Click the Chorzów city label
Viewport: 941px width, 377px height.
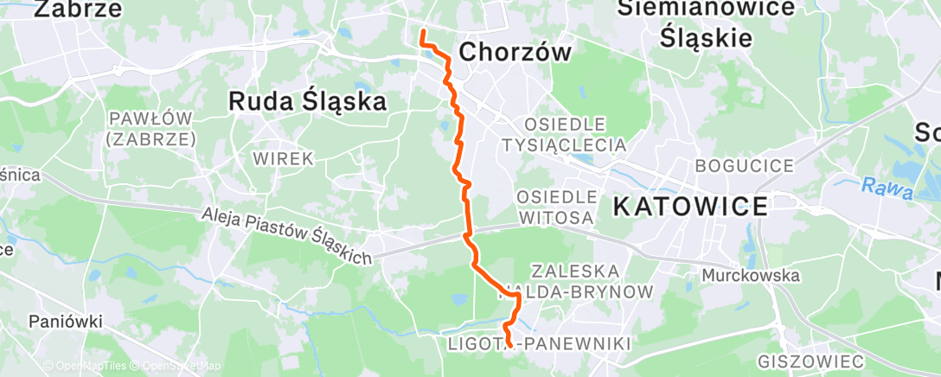[515, 53]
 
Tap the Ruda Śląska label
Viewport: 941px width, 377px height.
[307, 102]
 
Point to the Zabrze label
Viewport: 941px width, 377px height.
[78, 10]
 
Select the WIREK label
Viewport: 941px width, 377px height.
[283, 159]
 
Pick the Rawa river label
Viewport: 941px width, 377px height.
[887, 188]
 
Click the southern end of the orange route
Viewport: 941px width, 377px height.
[508, 345]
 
